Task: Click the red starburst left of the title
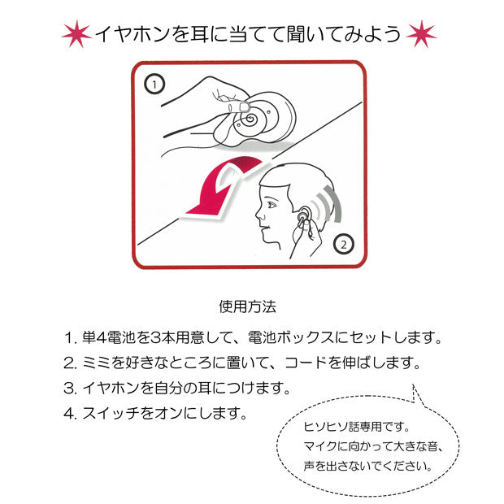click(x=76, y=35)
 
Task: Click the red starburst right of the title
click(x=421, y=35)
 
